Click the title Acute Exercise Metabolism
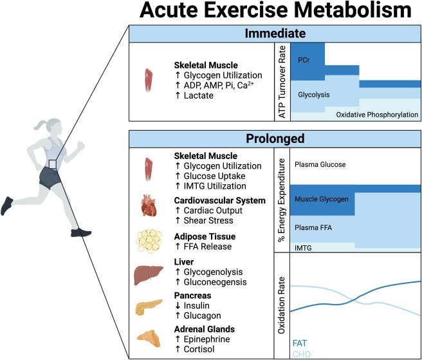[x=273, y=12]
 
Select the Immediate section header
[x=275, y=34]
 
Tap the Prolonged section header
[x=275, y=138]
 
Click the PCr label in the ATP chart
[x=305, y=59]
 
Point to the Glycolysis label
[x=314, y=95]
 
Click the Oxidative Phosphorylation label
[x=377, y=115]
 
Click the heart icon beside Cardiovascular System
[x=149, y=208]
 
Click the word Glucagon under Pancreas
[x=203, y=316]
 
